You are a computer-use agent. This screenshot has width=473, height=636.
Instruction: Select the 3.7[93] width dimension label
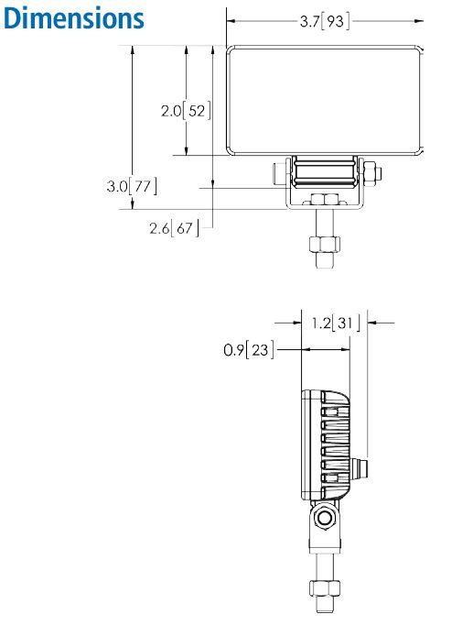click(x=325, y=21)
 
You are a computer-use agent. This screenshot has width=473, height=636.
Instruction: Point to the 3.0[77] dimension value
click(x=131, y=186)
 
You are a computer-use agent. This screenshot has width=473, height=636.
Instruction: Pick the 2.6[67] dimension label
click(x=174, y=227)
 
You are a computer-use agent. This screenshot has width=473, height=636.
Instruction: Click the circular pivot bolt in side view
click(x=325, y=521)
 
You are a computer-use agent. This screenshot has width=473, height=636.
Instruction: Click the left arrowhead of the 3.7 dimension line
click(x=232, y=21)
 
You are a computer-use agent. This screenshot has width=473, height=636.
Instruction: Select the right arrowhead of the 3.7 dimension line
click(x=421, y=21)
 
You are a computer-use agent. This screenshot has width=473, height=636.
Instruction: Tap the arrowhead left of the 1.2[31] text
click(x=296, y=322)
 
